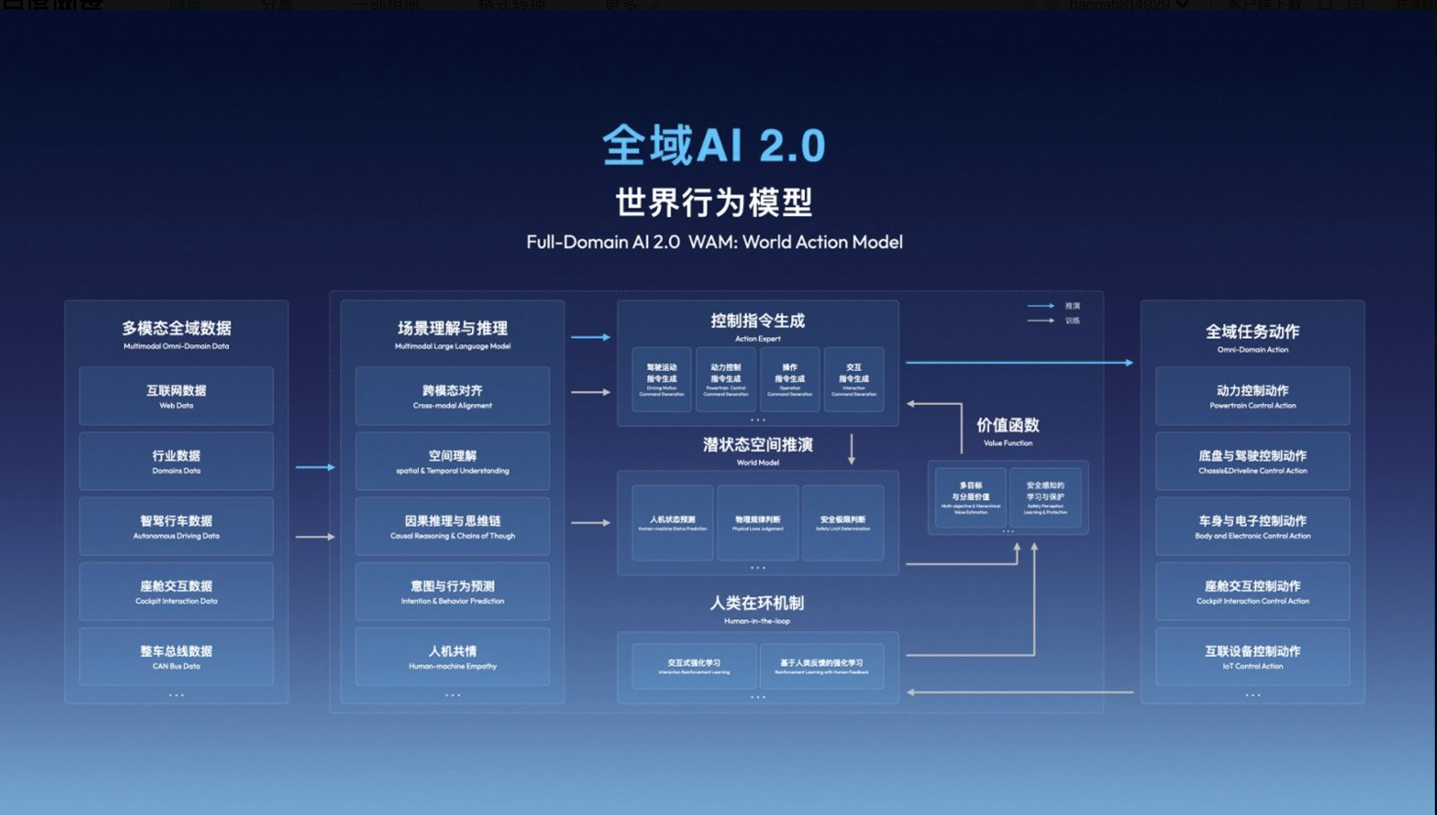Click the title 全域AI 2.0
(x=714, y=146)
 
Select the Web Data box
(x=177, y=396)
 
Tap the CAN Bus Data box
(x=177, y=657)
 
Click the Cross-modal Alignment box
(x=452, y=396)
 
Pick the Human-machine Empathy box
(x=452, y=657)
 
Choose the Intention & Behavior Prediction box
(x=452, y=592)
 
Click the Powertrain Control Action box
(x=1252, y=396)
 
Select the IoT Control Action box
(x=1252, y=657)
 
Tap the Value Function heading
(x=1008, y=431)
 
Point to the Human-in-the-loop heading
(x=757, y=609)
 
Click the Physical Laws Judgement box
(x=757, y=523)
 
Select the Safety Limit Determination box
(x=842, y=523)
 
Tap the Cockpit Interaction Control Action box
(x=1252, y=592)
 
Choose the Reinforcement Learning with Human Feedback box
(x=821, y=666)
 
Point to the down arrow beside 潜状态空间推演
(x=851, y=449)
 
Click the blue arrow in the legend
(x=1041, y=306)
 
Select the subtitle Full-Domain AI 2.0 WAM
(x=714, y=242)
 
